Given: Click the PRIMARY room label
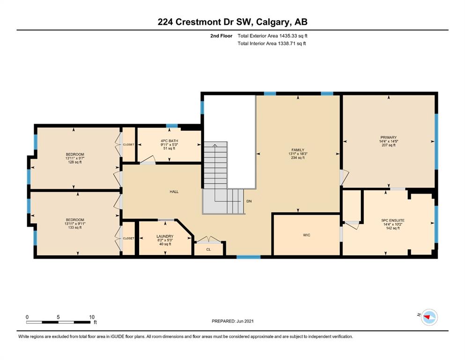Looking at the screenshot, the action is [x=389, y=137].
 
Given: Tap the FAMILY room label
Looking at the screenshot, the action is [x=298, y=150].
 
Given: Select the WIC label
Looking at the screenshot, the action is [x=307, y=235].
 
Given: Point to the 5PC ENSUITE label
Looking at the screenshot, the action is [x=393, y=220].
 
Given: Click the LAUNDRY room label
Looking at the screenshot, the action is [x=165, y=236].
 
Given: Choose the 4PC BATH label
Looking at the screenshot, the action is [x=170, y=141].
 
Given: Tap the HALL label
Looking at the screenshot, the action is [x=174, y=192].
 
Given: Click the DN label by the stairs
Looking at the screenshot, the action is [x=249, y=201].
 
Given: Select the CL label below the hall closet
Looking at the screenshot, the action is [x=208, y=249].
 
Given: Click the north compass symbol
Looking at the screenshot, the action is [x=429, y=317].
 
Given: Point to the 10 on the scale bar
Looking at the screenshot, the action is [x=92, y=317].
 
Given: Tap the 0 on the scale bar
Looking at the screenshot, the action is [x=27, y=317].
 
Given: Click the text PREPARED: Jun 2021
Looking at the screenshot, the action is [x=233, y=321].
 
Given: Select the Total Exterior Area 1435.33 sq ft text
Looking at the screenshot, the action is [x=273, y=36].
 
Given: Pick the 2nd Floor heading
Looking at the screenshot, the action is [x=221, y=36].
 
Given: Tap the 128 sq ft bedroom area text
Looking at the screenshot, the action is [x=75, y=162].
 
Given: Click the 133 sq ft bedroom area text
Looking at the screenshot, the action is [x=75, y=227].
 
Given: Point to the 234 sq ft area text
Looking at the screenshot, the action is [x=298, y=158].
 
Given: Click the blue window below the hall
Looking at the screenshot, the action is [x=249, y=257].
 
